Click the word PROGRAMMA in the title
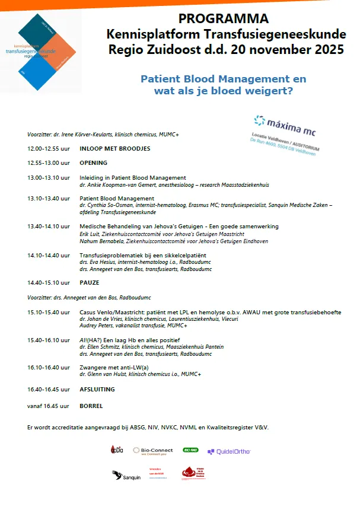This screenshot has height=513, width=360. [x=223, y=19]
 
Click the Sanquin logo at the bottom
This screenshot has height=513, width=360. [x=126, y=475]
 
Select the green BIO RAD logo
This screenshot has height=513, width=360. [x=191, y=450]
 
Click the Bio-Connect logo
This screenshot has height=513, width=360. [x=153, y=451]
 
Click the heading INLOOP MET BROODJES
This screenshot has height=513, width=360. [x=114, y=148]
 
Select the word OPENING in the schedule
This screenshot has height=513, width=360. [x=93, y=162]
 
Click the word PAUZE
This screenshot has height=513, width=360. [x=89, y=282]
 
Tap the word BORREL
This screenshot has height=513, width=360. [x=91, y=406]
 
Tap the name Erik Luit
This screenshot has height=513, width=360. [x=91, y=234]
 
